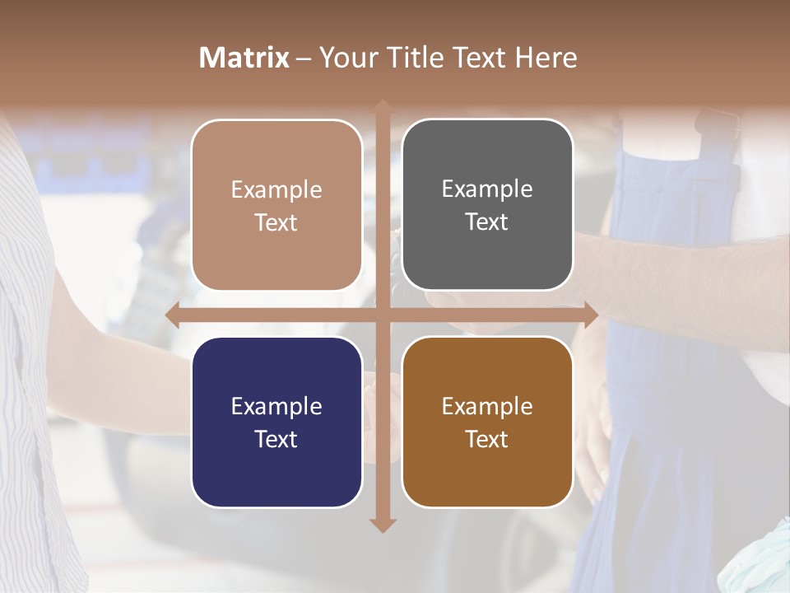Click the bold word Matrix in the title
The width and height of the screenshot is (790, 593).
pyautogui.click(x=244, y=58)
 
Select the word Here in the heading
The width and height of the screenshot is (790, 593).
pyautogui.click(x=546, y=58)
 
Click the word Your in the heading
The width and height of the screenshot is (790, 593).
pyautogui.click(x=347, y=58)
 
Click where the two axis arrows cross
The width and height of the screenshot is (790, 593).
pyautogui.click(x=383, y=315)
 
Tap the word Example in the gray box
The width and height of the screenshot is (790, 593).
pyautogui.click(x=487, y=189)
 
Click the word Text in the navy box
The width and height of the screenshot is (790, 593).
pyautogui.click(x=276, y=439)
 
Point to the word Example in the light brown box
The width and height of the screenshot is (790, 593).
pyautogui.click(x=276, y=189)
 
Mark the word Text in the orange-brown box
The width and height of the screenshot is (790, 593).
pyautogui.click(x=487, y=439)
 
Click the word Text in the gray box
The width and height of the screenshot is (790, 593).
pyautogui.click(x=487, y=222)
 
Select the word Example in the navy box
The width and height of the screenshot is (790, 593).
pyautogui.click(x=276, y=406)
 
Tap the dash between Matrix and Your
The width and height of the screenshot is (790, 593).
pyautogui.click(x=304, y=58)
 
